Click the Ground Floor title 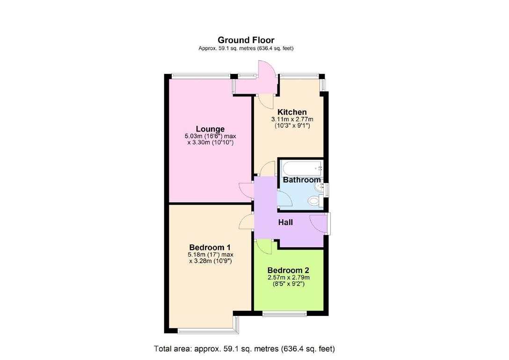click(x=246, y=40)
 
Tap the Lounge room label click(x=210, y=129)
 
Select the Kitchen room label click(x=292, y=112)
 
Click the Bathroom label click(x=302, y=180)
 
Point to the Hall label click(x=285, y=222)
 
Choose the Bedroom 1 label click(x=210, y=247)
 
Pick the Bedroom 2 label click(x=288, y=270)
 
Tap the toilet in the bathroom click(x=315, y=201)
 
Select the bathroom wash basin click(x=320, y=187)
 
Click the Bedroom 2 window click(x=284, y=313)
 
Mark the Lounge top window click(x=200, y=75)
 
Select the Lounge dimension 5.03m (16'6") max click(x=211, y=136)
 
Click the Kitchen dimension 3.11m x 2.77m click(x=292, y=119)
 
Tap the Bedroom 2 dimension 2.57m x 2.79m click(x=288, y=278)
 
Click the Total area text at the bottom click(x=244, y=349)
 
